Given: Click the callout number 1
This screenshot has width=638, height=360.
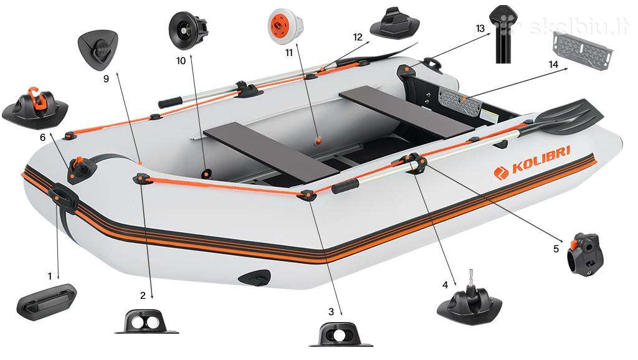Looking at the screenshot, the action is [50, 277].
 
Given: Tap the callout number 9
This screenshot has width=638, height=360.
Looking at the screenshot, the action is [106, 79].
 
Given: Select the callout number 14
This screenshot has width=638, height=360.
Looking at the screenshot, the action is [553, 65].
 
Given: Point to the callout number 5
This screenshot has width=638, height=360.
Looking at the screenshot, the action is [556, 248].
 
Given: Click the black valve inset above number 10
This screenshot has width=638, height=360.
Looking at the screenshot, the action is [188, 30].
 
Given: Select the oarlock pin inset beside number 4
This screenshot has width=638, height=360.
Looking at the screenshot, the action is [470, 301].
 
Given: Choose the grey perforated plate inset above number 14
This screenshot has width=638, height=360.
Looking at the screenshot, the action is [583, 51].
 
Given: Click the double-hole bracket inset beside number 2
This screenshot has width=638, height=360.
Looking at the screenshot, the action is [146, 321].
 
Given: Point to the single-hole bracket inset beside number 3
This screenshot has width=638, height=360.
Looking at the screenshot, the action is [341, 334].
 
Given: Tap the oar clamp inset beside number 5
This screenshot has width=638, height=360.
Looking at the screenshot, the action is [585, 254].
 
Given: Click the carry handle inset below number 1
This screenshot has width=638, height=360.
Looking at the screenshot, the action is [47, 302].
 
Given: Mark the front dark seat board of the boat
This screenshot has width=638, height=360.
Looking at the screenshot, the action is [272, 152].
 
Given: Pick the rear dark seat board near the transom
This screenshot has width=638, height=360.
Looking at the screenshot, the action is [406, 111].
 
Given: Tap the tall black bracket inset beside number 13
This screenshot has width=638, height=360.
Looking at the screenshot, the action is [504, 34].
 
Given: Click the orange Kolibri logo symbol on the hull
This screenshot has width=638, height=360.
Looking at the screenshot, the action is [501, 172].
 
